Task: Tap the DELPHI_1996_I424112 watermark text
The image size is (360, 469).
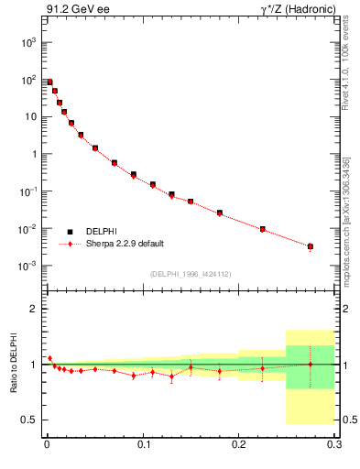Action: [191, 274]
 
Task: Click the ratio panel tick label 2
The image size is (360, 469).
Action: [35, 309]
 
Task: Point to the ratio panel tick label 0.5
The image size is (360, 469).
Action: [30, 420]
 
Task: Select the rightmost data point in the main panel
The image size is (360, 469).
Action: [311, 246]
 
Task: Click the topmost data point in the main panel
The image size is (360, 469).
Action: [49, 82]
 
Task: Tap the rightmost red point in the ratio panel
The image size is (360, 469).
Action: [311, 364]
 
